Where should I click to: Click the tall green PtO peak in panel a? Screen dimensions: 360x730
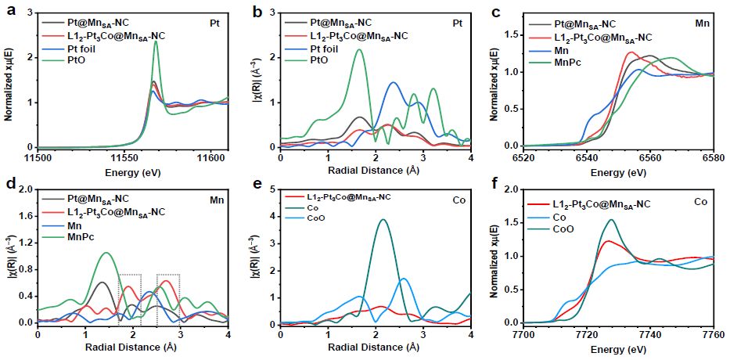coord(156,42)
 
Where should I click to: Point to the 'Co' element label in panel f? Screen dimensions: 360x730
coord(702,203)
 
